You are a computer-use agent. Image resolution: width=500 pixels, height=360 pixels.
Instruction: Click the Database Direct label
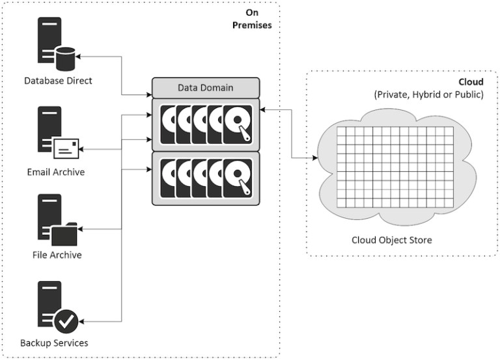[x=58, y=81]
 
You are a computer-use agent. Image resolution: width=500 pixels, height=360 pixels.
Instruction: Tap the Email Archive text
[x=55, y=172]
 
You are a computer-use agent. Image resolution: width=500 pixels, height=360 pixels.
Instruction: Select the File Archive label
[x=57, y=255]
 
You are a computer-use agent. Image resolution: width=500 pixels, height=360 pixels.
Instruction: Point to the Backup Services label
[x=54, y=342]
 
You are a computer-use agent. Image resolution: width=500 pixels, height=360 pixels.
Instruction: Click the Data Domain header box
[x=205, y=87]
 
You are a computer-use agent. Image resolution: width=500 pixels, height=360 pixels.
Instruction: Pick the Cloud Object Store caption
[x=391, y=240]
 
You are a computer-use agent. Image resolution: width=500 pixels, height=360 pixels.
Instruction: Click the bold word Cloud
[x=471, y=83]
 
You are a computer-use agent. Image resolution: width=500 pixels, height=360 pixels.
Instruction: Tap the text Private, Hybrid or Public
[x=428, y=95]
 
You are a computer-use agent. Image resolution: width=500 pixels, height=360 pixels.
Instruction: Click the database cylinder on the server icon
[x=65, y=59]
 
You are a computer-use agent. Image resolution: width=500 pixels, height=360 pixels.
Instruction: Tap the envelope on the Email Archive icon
[x=66, y=149]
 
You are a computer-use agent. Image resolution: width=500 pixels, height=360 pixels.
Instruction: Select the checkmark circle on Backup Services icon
[x=66, y=320]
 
